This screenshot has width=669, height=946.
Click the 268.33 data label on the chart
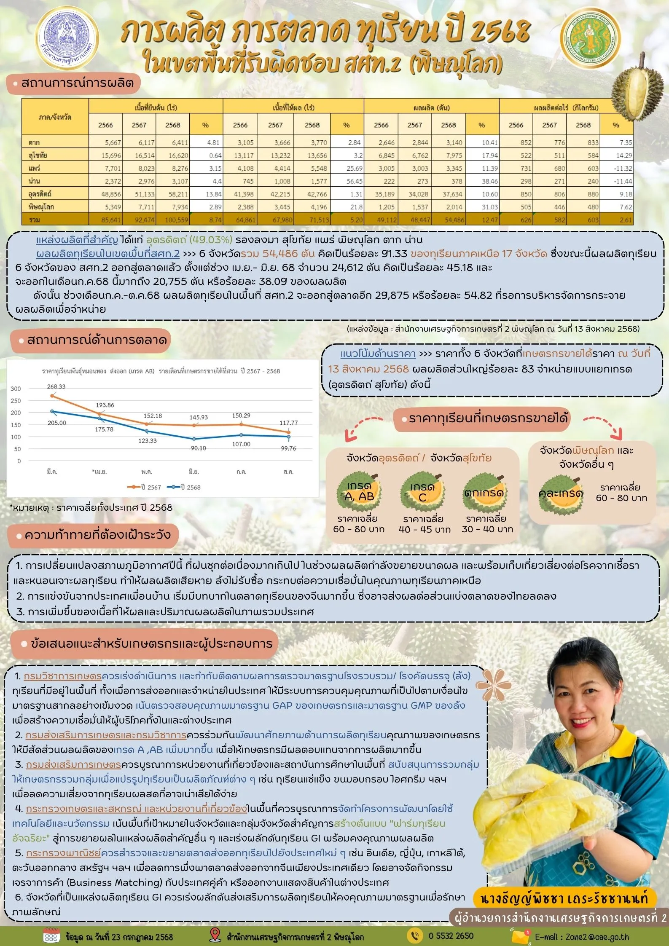coord(56,386)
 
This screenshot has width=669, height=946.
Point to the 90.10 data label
coord(198,448)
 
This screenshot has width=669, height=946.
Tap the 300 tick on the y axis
coord(16,389)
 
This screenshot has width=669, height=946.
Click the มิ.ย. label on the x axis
coord(194,472)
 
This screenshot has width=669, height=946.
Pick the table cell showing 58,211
coord(172,194)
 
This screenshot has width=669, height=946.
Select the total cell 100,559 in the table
coord(172,220)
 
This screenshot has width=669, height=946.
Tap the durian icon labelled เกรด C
coord(422,492)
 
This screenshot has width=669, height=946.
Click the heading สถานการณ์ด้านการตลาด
coord(97,340)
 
